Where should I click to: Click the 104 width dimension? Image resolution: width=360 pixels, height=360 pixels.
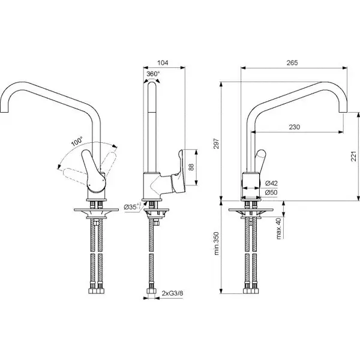pyautogui.click(x=163, y=62)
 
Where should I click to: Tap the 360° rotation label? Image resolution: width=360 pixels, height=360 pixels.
pyautogui.click(x=153, y=74)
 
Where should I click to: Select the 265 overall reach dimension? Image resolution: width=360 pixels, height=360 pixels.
pyautogui.click(x=292, y=62)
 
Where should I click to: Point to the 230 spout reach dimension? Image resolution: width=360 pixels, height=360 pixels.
pyautogui.click(x=295, y=127)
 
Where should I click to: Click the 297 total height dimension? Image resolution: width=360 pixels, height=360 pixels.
pyautogui.click(x=216, y=144)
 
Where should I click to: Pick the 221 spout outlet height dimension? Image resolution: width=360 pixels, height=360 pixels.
pyautogui.click(x=354, y=156)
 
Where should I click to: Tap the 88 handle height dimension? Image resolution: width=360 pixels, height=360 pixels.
pyautogui.click(x=191, y=167)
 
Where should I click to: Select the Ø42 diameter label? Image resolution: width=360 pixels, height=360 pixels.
pyautogui.click(x=271, y=183)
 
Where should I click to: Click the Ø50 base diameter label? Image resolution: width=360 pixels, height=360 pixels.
pyautogui.click(x=271, y=193)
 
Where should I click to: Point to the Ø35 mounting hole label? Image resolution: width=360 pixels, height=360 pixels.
pyautogui.click(x=133, y=207)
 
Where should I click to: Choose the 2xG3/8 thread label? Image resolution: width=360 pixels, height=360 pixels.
pyautogui.click(x=172, y=293)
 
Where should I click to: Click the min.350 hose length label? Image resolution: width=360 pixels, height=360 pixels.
pyautogui.click(x=216, y=244)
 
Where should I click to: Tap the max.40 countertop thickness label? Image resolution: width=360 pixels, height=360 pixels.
pyautogui.click(x=278, y=229)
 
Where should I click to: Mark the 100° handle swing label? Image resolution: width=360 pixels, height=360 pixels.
pyautogui.click(x=77, y=142)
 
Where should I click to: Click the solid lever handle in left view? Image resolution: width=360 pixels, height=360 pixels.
pyautogui.click(x=94, y=171)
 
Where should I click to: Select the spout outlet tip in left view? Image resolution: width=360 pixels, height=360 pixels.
pyautogui.click(x=4, y=112)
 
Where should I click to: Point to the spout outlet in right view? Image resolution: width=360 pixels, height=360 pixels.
pyautogui.click(x=343, y=112)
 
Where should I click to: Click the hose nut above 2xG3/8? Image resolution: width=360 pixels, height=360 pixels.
pyautogui.click(x=151, y=291)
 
